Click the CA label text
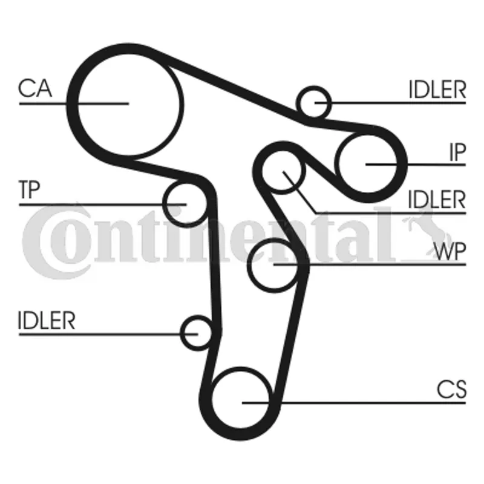[x=34, y=89]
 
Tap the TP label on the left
[x=28, y=191]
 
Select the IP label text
[x=457, y=153]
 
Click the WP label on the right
[x=450, y=251]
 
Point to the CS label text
[x=452, y=390]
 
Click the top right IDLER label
[x=437, y=90]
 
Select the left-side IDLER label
[x=47, y=321]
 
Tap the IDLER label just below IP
[x=437, y=199]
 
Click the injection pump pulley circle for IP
[x=368, y=163]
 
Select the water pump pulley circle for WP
[x=274, y=264]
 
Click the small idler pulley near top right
[x=315, y=102]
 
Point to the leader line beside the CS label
[x=363, y=402]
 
